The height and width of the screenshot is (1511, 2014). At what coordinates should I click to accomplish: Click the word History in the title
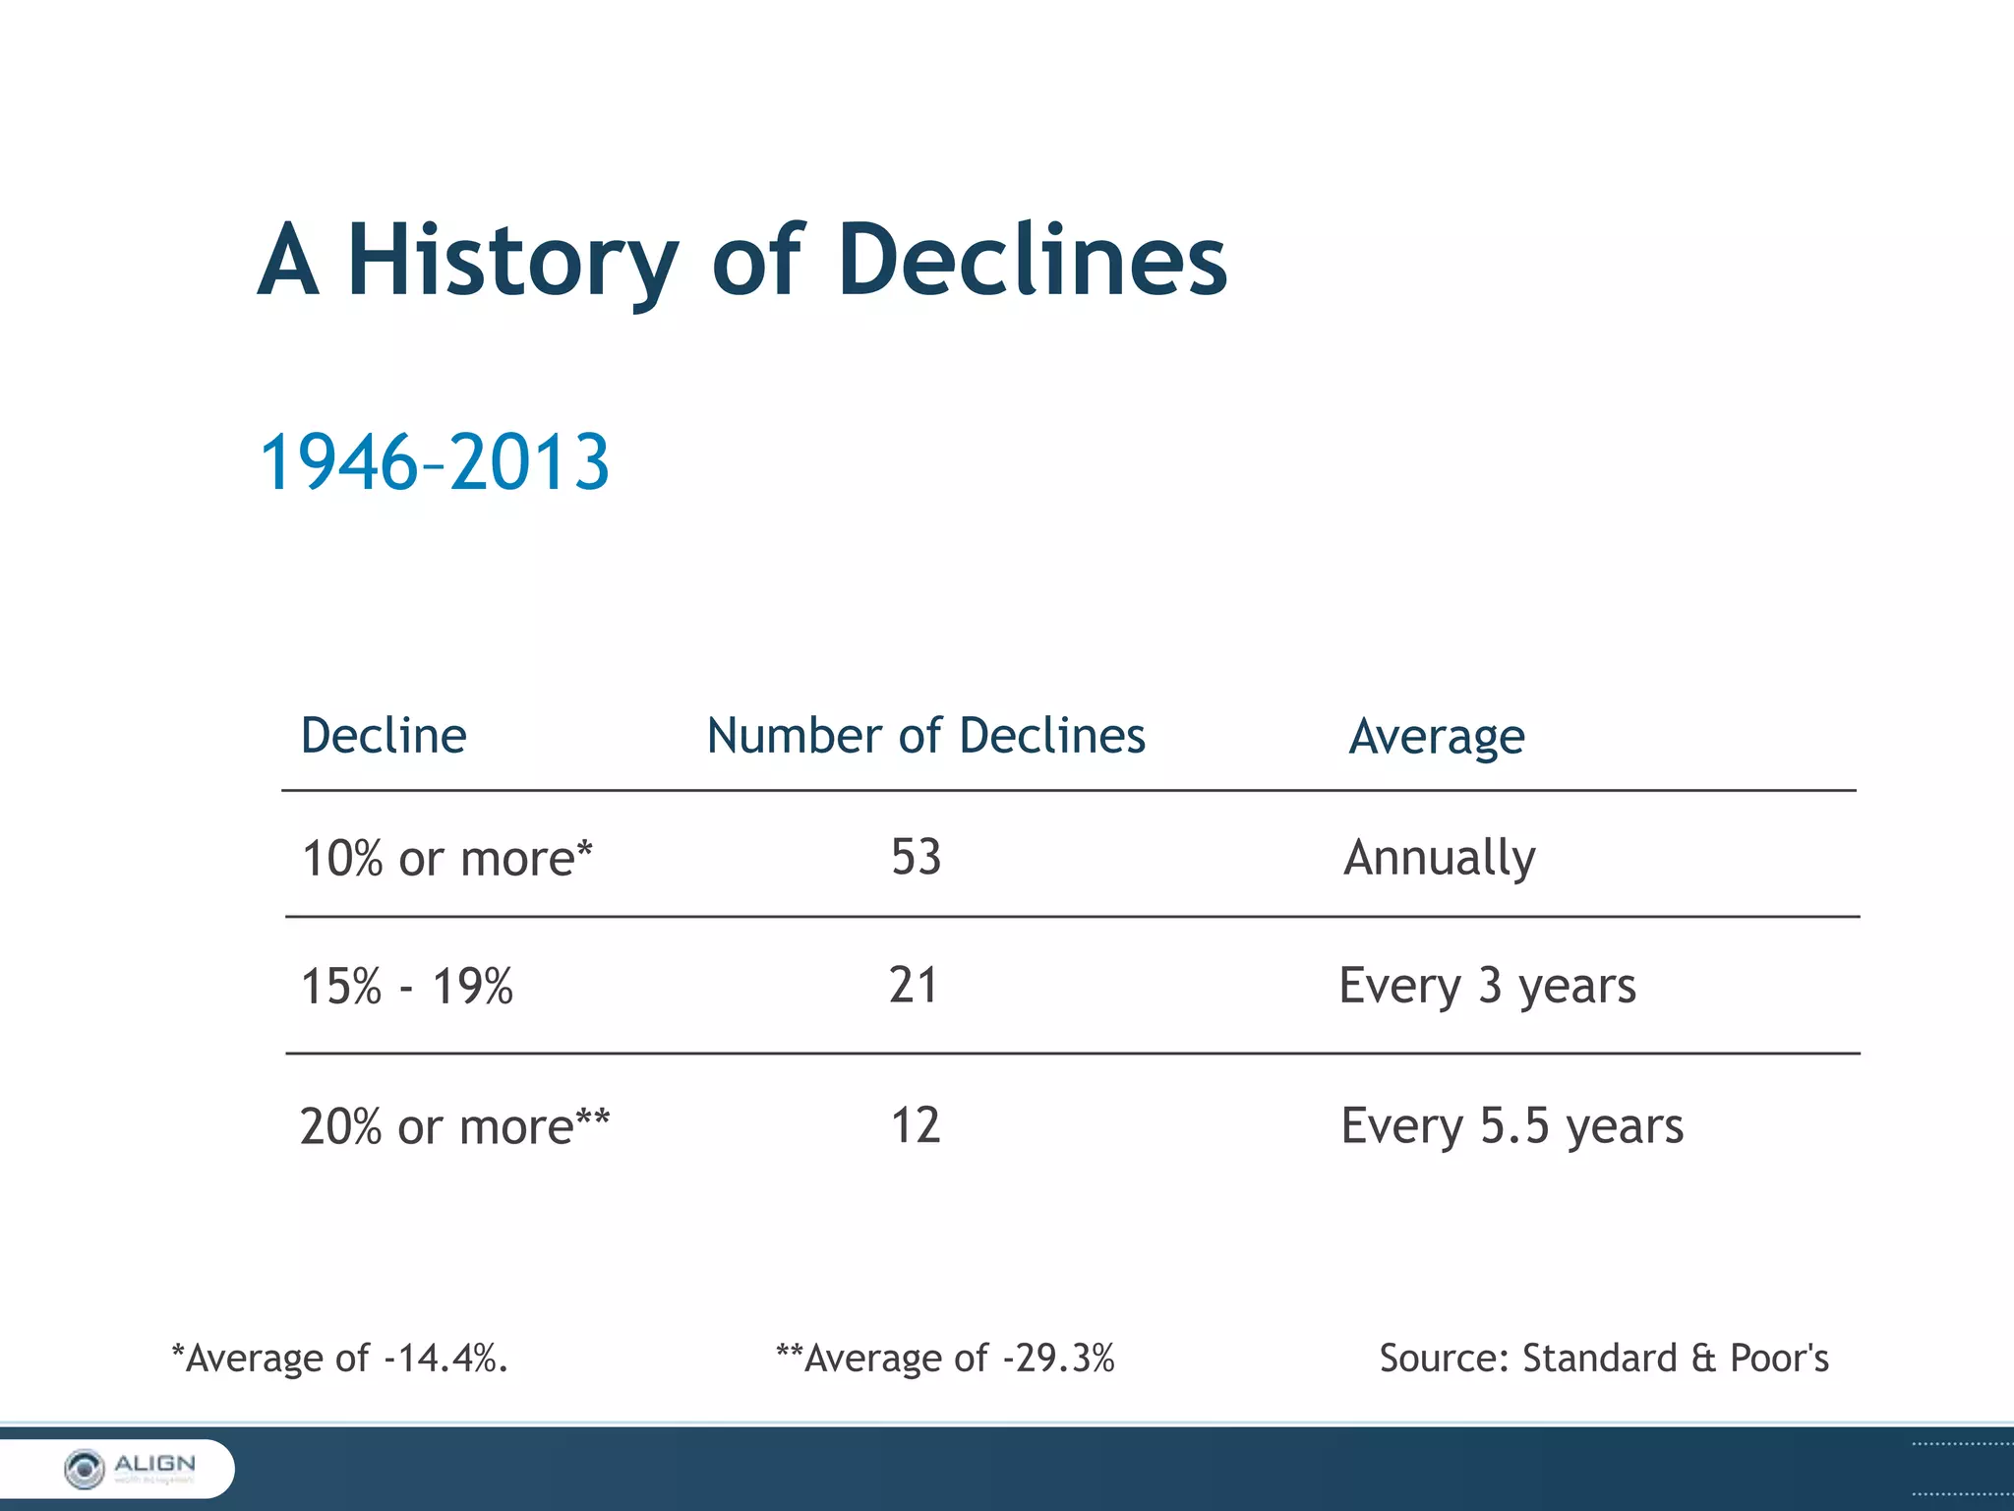(x=512, y=261)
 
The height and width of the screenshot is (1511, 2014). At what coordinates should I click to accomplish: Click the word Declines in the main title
(x=1033, y=261)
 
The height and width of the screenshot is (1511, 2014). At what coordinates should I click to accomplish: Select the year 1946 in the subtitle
(x=338, y=462)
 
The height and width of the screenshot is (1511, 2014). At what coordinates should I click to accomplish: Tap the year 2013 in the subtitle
(x=530, y=462)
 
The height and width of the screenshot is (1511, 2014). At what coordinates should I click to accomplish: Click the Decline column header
(x=384, y=736)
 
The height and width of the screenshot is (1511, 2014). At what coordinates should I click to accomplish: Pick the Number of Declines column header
(x=926, y=736)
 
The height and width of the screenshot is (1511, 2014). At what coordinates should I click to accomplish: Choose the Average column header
(x=1437, y=737)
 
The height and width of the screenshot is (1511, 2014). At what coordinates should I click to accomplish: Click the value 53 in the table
(x=917, y=857)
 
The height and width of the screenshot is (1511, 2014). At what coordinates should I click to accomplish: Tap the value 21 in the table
(x=914, y=985)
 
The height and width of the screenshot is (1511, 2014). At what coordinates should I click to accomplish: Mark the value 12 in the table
(x=916, y=1125)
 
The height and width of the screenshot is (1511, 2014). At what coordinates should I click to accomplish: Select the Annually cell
(x=1440, y=858)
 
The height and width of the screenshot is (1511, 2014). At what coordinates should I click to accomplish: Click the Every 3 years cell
(x=1488, y=986)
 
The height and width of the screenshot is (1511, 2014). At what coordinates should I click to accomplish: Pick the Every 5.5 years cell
(x=1512, y=1126)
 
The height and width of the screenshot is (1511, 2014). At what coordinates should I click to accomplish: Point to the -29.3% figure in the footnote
(x=1059, y=1359)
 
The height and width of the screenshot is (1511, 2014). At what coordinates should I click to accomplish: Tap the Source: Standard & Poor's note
(x=1604, y=1359)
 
